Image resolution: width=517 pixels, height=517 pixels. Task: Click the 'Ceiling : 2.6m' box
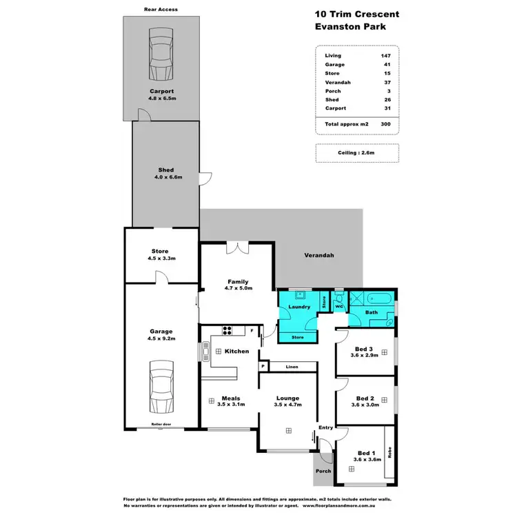pos(358,153)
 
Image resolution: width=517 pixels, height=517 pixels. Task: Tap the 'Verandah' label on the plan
pos(318,255)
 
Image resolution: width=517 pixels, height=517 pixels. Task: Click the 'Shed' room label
pos(165,170)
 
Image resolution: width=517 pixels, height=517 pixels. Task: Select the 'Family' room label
pos(237,281)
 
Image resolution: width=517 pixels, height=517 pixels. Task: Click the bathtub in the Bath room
pos(381,299)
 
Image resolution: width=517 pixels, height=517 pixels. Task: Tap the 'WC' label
pos(339,307)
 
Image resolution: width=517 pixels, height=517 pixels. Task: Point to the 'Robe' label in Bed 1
pos(389,454)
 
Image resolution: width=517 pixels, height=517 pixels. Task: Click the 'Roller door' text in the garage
pos(161,424)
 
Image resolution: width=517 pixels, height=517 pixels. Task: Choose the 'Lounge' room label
pos(287,398)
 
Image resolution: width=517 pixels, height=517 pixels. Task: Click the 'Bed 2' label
pos(365,398)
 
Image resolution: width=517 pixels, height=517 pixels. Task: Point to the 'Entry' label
pos(325,427)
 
